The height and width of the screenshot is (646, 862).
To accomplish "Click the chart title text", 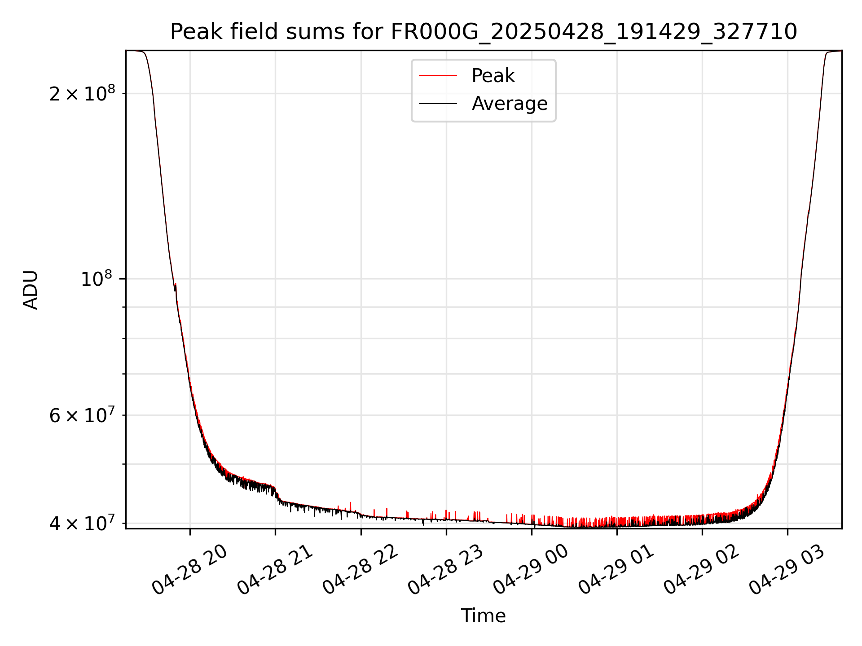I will click(483, 32).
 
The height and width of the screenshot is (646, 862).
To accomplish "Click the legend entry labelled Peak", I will click(493, 76).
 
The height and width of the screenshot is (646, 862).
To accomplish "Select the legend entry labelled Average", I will click(509, 104).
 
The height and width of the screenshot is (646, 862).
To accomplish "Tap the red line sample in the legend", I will click(438, 76).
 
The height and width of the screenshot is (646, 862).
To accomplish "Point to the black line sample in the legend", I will click(438, 104).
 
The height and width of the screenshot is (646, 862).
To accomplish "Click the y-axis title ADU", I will click(31, 289).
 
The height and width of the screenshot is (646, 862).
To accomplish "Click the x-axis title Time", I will click(483, 615).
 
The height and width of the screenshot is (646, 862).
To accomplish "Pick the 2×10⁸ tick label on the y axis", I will click(82, 94).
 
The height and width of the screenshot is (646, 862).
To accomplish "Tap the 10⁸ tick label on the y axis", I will click(96, 279).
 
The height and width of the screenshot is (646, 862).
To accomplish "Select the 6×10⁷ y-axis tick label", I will click(82, 415).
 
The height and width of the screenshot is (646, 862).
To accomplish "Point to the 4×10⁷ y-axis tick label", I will click(82, 523).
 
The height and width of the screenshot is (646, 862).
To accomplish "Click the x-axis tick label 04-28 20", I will click(189, 570).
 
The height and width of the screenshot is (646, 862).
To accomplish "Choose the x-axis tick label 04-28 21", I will click(275, 570).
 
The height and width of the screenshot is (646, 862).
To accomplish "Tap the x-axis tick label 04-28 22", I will click(361, 570).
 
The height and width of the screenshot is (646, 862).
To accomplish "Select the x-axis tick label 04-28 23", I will click(445, 570).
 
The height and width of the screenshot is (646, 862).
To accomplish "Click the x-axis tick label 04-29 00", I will click(531, 570).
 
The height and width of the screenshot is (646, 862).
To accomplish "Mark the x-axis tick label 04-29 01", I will click(616, 570).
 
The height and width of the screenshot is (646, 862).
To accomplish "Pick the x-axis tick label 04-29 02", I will click(702, 570).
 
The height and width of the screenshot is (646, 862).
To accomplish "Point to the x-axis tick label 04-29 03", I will click(787, 570).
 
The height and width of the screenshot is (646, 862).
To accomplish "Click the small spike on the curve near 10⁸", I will click(176, 284).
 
